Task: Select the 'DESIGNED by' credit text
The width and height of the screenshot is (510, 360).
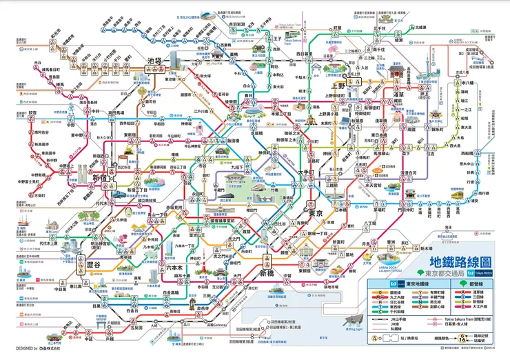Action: pyautogui.click(x=21, y=350)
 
